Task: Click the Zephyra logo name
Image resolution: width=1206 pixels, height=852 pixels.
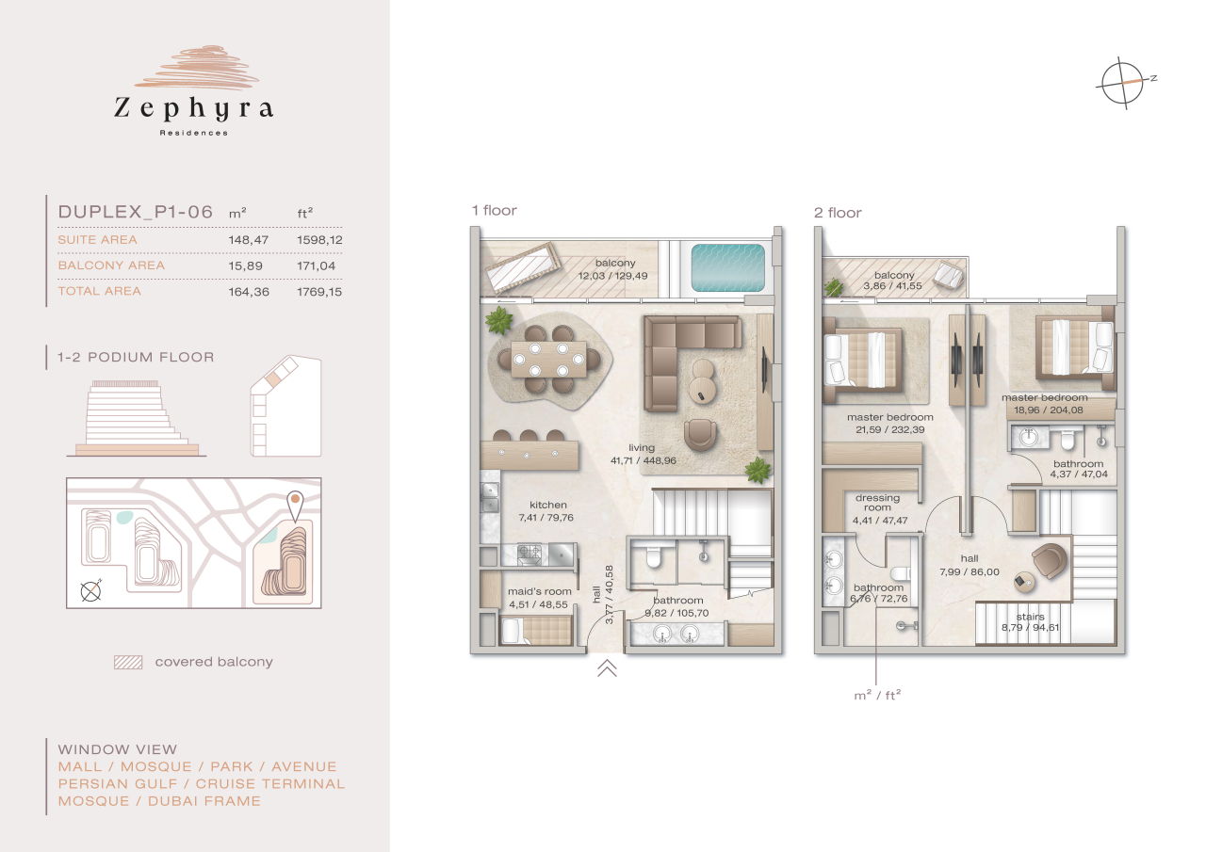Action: coord(193,109)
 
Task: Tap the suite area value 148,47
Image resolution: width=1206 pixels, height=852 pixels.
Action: coord(249,240)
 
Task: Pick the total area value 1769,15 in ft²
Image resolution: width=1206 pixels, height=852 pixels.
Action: coord(319,292)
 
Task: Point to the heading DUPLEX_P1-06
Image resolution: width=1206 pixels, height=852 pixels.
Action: coord(136,212)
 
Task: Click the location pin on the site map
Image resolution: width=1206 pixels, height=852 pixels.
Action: coord(295,505)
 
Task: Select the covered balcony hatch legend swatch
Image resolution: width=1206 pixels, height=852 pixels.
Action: coord(127,662)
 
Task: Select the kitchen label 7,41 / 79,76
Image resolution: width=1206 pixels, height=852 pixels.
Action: coord(547,511)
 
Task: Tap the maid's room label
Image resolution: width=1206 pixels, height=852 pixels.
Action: coord(540,598)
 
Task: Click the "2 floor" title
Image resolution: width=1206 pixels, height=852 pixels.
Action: coord(838,213)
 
